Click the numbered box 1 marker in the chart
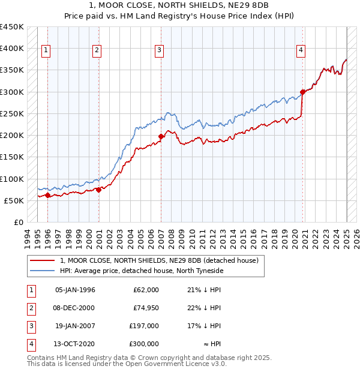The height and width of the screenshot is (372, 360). point(46,51)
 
